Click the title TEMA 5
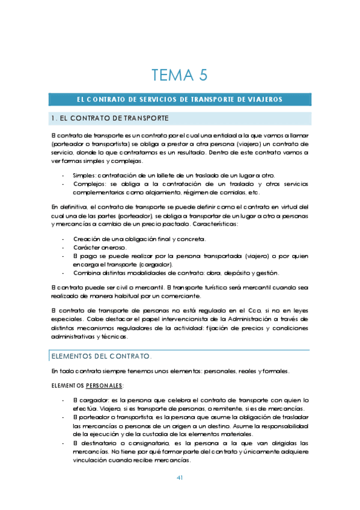(x=179, y=75)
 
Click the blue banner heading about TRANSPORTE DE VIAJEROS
(x=180, y=99)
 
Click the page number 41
(x=180, y=478)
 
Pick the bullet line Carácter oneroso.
(x=100, y=247)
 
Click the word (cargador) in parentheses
(x=156, y=264)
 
